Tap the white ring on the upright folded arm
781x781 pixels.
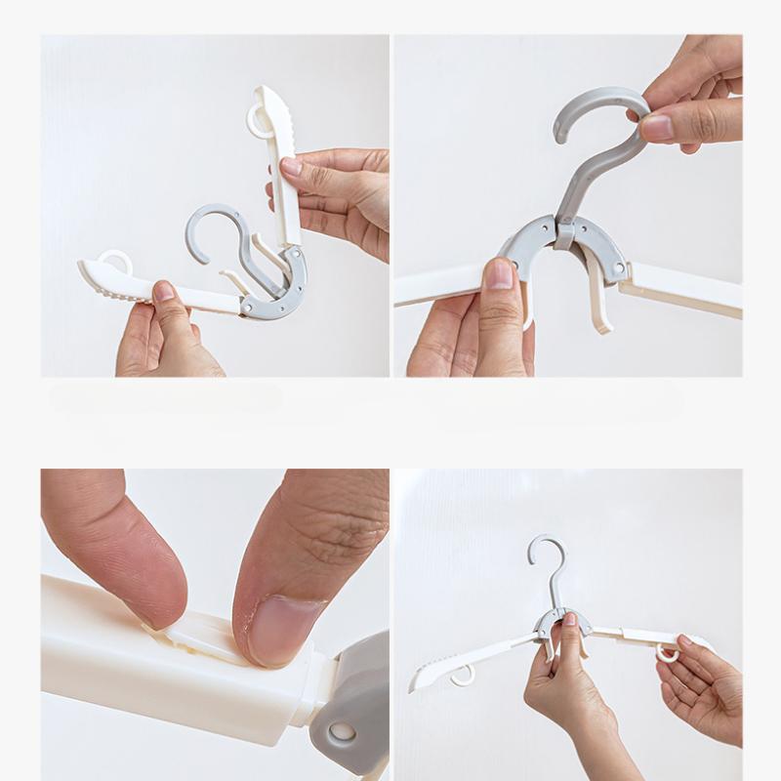coord(257,120)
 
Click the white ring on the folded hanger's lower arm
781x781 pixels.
coord(115,261)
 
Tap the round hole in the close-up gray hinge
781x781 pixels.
coord(342,732)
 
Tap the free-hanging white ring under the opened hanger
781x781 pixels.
coord(463,675)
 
